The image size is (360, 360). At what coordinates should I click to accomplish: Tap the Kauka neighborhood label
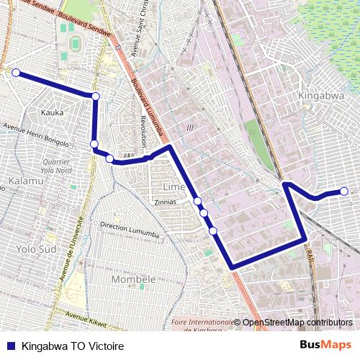pos(53,112)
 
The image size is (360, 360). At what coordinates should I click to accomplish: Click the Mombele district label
pos(134,279)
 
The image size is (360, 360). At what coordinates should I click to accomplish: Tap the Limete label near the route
pos(174,186)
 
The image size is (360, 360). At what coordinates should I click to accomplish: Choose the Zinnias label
pos(165,202)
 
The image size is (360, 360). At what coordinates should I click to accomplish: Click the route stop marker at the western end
pos(16,73)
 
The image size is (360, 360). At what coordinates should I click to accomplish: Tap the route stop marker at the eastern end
pos(344,191)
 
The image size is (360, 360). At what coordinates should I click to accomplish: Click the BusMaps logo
pos(326,345)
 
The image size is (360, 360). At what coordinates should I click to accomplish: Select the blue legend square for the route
pos(10,346)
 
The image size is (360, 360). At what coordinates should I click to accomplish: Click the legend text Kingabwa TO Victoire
pos(68,346)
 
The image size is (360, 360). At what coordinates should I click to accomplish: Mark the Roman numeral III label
pos(190,127)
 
